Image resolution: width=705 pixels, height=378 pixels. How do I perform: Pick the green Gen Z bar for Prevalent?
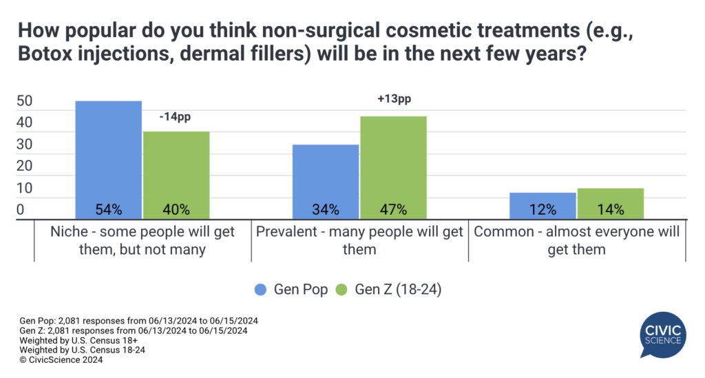click(393, 165)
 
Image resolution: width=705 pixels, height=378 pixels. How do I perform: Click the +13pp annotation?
click(394, 100)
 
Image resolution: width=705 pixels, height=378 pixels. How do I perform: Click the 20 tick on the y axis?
click(25, 166)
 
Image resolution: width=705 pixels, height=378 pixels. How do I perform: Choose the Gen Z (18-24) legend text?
click(397, 290)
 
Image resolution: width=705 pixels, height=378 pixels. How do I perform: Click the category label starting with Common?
click(577, 240)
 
